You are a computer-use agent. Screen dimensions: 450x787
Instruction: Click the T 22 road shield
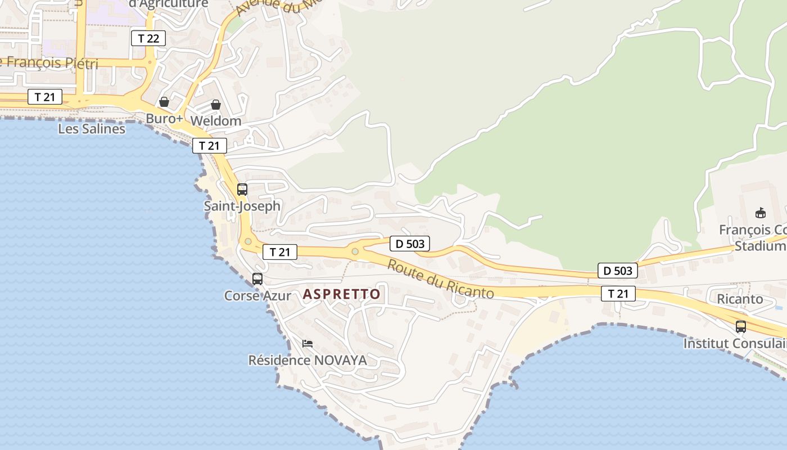[x=148, y=38]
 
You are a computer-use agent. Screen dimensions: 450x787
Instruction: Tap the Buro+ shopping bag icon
[x=164, y=102]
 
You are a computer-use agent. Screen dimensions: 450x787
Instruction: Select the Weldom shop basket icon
[x=216, y=105]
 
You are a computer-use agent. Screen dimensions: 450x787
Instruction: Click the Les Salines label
[x=92, y=129]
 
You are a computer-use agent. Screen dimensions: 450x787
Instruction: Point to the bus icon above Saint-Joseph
[x=242, y=190]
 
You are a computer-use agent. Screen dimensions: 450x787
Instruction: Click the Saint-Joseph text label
[x=242, y=206]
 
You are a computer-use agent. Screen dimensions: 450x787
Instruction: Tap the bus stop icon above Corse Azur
[x=257, y=278]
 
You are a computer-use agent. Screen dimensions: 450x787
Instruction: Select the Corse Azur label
[x=257, y=295]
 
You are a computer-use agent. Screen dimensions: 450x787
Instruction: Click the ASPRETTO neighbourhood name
[x=342, y=294]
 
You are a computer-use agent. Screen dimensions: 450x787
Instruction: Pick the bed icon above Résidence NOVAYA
[x=307, y=343]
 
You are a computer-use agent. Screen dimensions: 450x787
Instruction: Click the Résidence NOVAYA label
[x=307, y=360]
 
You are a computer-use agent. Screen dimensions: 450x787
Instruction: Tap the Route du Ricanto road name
[x=441, y=280]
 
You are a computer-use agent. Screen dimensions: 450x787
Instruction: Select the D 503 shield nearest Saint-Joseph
[x=410, y=244]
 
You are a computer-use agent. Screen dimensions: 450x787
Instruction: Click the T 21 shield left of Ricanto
[x=618, y=293]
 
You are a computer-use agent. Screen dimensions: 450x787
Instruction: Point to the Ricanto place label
[x=740, y=299]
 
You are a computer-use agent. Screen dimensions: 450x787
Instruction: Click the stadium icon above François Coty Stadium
[x=761, y=213]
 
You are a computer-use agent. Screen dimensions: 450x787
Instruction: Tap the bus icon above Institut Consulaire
[x=741, y=326]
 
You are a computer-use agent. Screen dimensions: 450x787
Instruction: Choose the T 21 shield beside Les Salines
[x=45, y=97]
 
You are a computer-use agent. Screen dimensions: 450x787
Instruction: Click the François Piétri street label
[x=49, y=62]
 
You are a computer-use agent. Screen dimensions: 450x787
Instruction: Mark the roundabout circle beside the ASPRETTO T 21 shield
[x=248, y=241]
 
